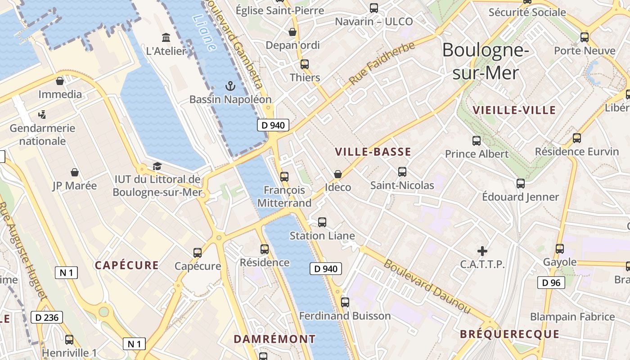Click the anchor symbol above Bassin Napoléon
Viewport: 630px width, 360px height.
click(x=230, y=85)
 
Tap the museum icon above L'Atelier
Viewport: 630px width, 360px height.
click(x=166, y=37)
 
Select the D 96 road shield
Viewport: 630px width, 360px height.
click(x=551, y=283)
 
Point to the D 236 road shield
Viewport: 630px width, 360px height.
click(x=47, y=317)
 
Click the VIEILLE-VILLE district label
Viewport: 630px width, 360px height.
click(x=514, y=110)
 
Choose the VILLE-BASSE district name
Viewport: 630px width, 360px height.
click(x=373, y=152)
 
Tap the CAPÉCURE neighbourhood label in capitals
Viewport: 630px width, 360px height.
click(x=126, y=265)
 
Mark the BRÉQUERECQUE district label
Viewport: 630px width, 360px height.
click(x=509, y=334)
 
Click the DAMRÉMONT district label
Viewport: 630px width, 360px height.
click(x=274, y=338)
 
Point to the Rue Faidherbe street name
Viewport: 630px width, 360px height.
click(x=382, y=63)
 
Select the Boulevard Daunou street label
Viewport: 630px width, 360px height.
click(x=427, y=287)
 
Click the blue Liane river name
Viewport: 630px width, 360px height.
click(x=204, y=32)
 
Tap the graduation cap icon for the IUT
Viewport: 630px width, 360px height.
click(x=157, y=166)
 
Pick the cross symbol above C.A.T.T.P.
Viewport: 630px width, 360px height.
click(x=482, y=251)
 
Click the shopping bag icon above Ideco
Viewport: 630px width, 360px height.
click(x=337, y=174)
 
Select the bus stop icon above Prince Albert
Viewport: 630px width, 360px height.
click(x=477, y=141)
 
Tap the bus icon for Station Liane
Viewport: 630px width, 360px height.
click(x=322, y=222)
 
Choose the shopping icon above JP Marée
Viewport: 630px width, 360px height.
click(x=75, y=172)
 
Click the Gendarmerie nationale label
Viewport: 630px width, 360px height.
click(x=43, y=135)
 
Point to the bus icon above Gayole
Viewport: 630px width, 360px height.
click(x=560, y=248)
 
